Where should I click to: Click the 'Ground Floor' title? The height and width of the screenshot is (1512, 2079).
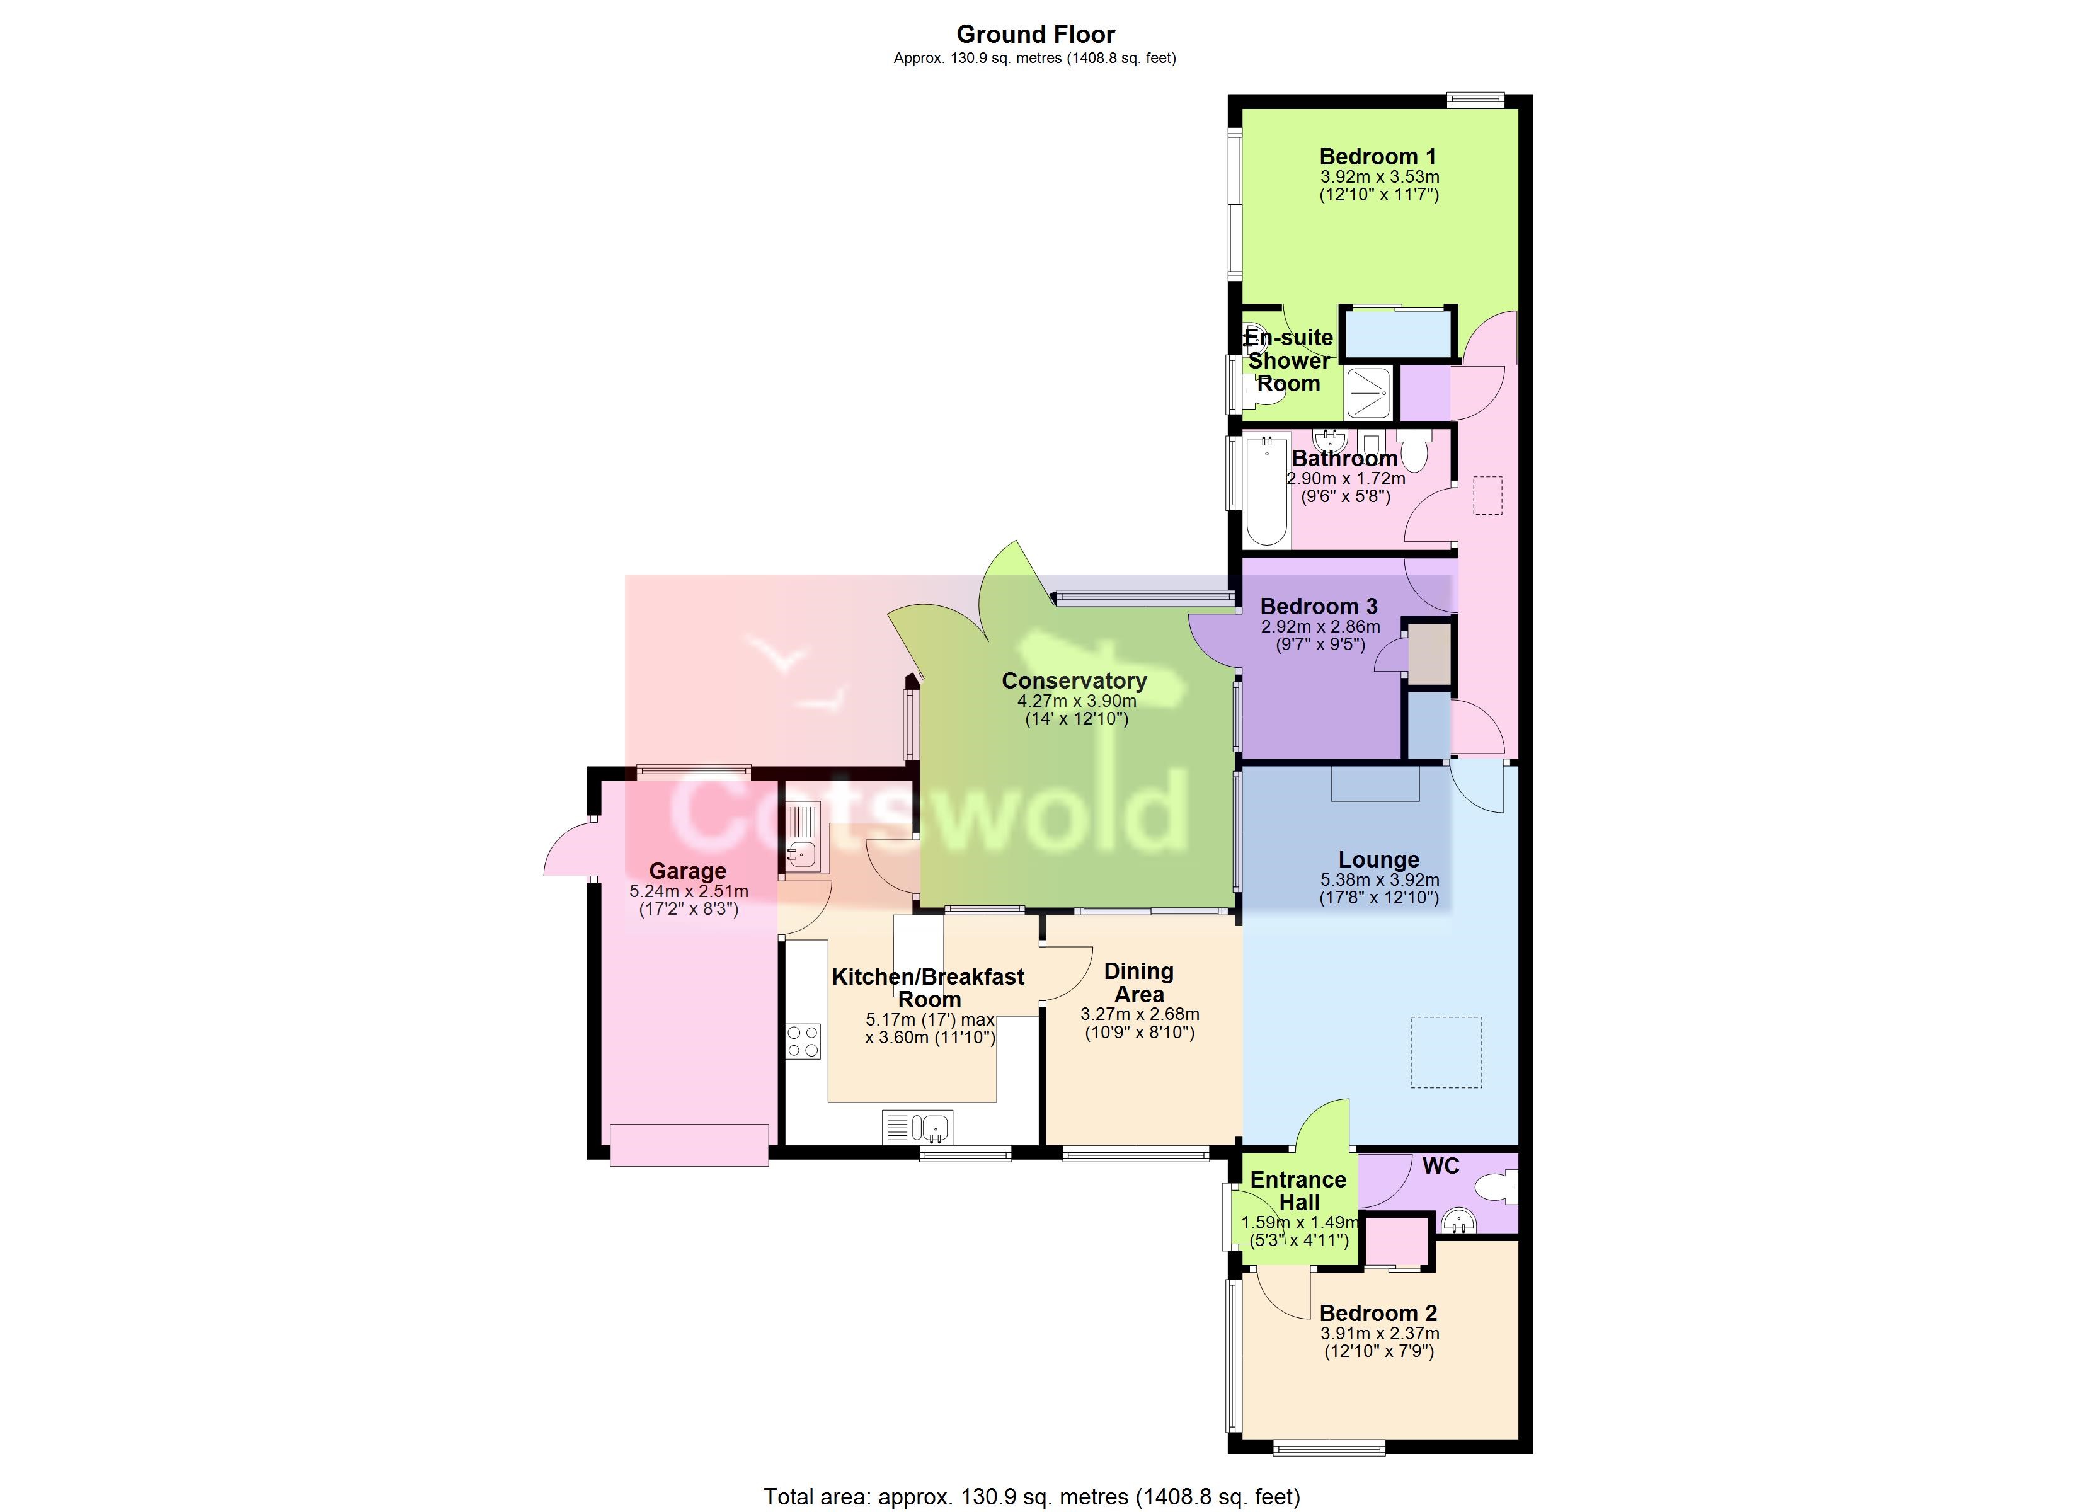coord(1036,35)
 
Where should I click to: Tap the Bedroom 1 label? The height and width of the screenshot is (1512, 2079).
coord(1378,157)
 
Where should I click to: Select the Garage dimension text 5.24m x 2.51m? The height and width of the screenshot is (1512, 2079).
coord(689,891)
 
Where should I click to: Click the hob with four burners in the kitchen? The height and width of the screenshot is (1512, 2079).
coord(803,1041)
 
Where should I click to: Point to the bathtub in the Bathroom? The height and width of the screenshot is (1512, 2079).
coord(1267,491)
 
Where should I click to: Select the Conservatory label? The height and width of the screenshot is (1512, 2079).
coord(1074,680)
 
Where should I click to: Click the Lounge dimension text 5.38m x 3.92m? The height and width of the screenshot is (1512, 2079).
coord(1378,880)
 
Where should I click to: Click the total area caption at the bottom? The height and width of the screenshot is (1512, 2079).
coord(1032,1496)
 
